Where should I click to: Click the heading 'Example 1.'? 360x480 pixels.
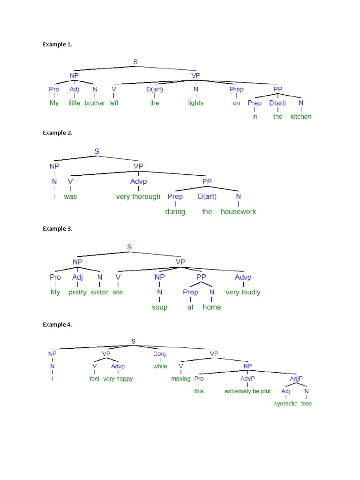pyautogui.click(x=57, y=45)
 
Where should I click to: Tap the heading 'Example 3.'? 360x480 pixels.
pyautogui.click(x=57, y=229)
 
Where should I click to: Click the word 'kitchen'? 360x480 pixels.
pyautogui.click(x=300, y=116)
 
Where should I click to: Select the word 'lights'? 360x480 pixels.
pyautogui.click(x=196, y=103)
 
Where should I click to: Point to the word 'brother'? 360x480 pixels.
pyautogui.click(x=95, y=103)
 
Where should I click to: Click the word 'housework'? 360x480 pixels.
pyautogui.click(x=239, y=211)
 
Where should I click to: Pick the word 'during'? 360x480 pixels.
pyautogui.click(x=175, y=211)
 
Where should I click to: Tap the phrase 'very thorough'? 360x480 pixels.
pyautogui.click(x=138, y=196)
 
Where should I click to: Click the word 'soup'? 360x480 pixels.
pyautogui.click(x=159, y=307)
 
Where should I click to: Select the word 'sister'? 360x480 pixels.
pyautogui.click(x=99, y=292)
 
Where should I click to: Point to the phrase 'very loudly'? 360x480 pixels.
pyautogui.click(x=243, y=292)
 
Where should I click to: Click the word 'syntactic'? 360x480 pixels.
pyautogui.click(x=285, y=404)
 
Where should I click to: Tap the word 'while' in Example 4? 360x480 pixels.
pyautogui.click(x=160, y=366)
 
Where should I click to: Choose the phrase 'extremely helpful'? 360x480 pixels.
pyautogui.click(x=247, y=391)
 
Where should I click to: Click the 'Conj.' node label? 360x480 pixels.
pyautogui.click(x=160, y=354)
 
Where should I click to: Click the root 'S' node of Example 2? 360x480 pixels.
pyautogui.click(x=97, y=151)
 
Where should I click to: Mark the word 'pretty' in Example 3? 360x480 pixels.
pyautogui.click(x=77, y=292)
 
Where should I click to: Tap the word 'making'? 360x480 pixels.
pyautogui.click(x=181, y=379)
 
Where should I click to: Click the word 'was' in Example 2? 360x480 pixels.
pyautogui.click(x=70, y=196)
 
